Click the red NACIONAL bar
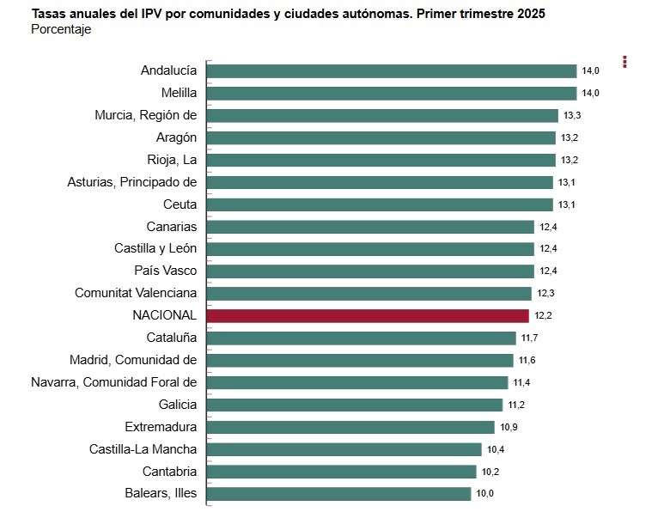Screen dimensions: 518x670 [368, 315]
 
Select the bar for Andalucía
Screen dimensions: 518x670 [392, 70]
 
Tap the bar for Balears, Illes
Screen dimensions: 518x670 [339, 493]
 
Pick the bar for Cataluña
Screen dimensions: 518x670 [362, 338]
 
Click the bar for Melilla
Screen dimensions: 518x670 [392, 93]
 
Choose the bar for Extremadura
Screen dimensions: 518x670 [350, 427]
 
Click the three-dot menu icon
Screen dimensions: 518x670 [625, 62]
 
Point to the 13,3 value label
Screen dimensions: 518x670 [572, 115]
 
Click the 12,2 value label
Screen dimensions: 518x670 [543, 315]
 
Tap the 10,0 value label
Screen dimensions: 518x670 [484, 493]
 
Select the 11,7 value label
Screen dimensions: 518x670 [529, 338]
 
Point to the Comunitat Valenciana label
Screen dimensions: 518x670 [136, 293]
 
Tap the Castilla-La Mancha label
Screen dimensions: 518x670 [143, 448]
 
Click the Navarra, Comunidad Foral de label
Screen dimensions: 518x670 [113, 382]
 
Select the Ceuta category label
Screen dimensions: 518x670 [180, 204]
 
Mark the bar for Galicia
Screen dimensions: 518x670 [355, 405]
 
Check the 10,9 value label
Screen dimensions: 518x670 [508, 427]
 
